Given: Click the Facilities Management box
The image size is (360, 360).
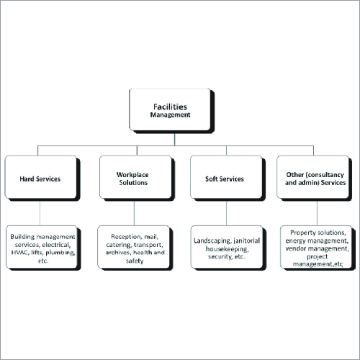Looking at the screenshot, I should [x=171, y=109].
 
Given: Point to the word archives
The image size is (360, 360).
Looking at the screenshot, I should [x=119, y=253].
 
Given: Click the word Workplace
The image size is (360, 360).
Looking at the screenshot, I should [x=132, y=174].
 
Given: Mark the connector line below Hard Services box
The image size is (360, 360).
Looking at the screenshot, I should [x=40, y=213].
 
